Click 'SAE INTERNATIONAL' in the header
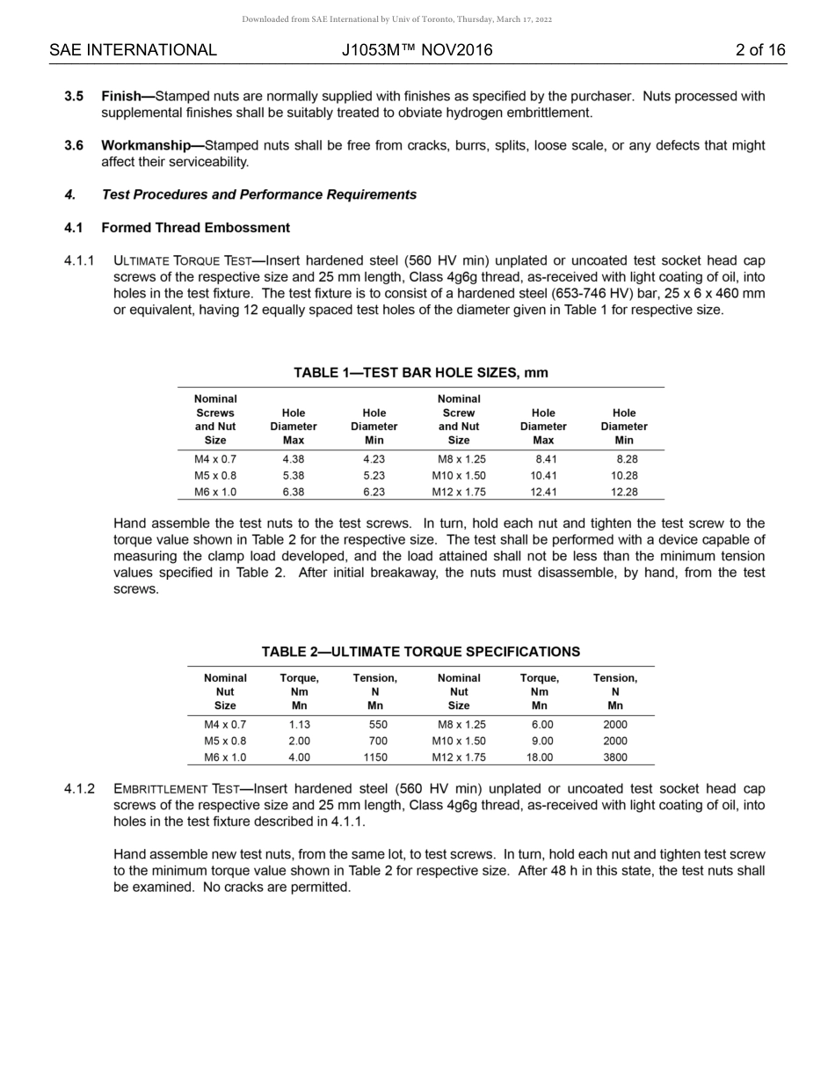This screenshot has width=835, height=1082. tap(133, 50)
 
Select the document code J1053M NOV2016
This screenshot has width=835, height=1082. tap(417, 50)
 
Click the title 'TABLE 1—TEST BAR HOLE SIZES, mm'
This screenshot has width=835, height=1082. tap(420, 373)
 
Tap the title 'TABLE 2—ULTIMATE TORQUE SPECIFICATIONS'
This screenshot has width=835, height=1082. tap(420, 652)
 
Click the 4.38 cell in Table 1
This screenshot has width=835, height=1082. tap(293, 459)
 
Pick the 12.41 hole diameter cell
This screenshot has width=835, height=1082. tap(543, 493)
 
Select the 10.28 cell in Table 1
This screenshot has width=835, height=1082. tap(624, 476)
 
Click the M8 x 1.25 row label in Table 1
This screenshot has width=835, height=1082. tap(461, 459)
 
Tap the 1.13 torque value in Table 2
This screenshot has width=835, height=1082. tap(299, 725)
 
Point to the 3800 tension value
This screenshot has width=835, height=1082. tap(615, 757)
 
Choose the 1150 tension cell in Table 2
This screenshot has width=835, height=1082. tap(375, 757)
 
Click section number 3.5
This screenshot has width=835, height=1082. tap(74, 96)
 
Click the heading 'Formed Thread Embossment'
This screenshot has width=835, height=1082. tap(195, 228)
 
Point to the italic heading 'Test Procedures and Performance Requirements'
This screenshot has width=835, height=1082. tap(258, 194)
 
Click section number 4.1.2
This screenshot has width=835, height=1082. tap(79, 789)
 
